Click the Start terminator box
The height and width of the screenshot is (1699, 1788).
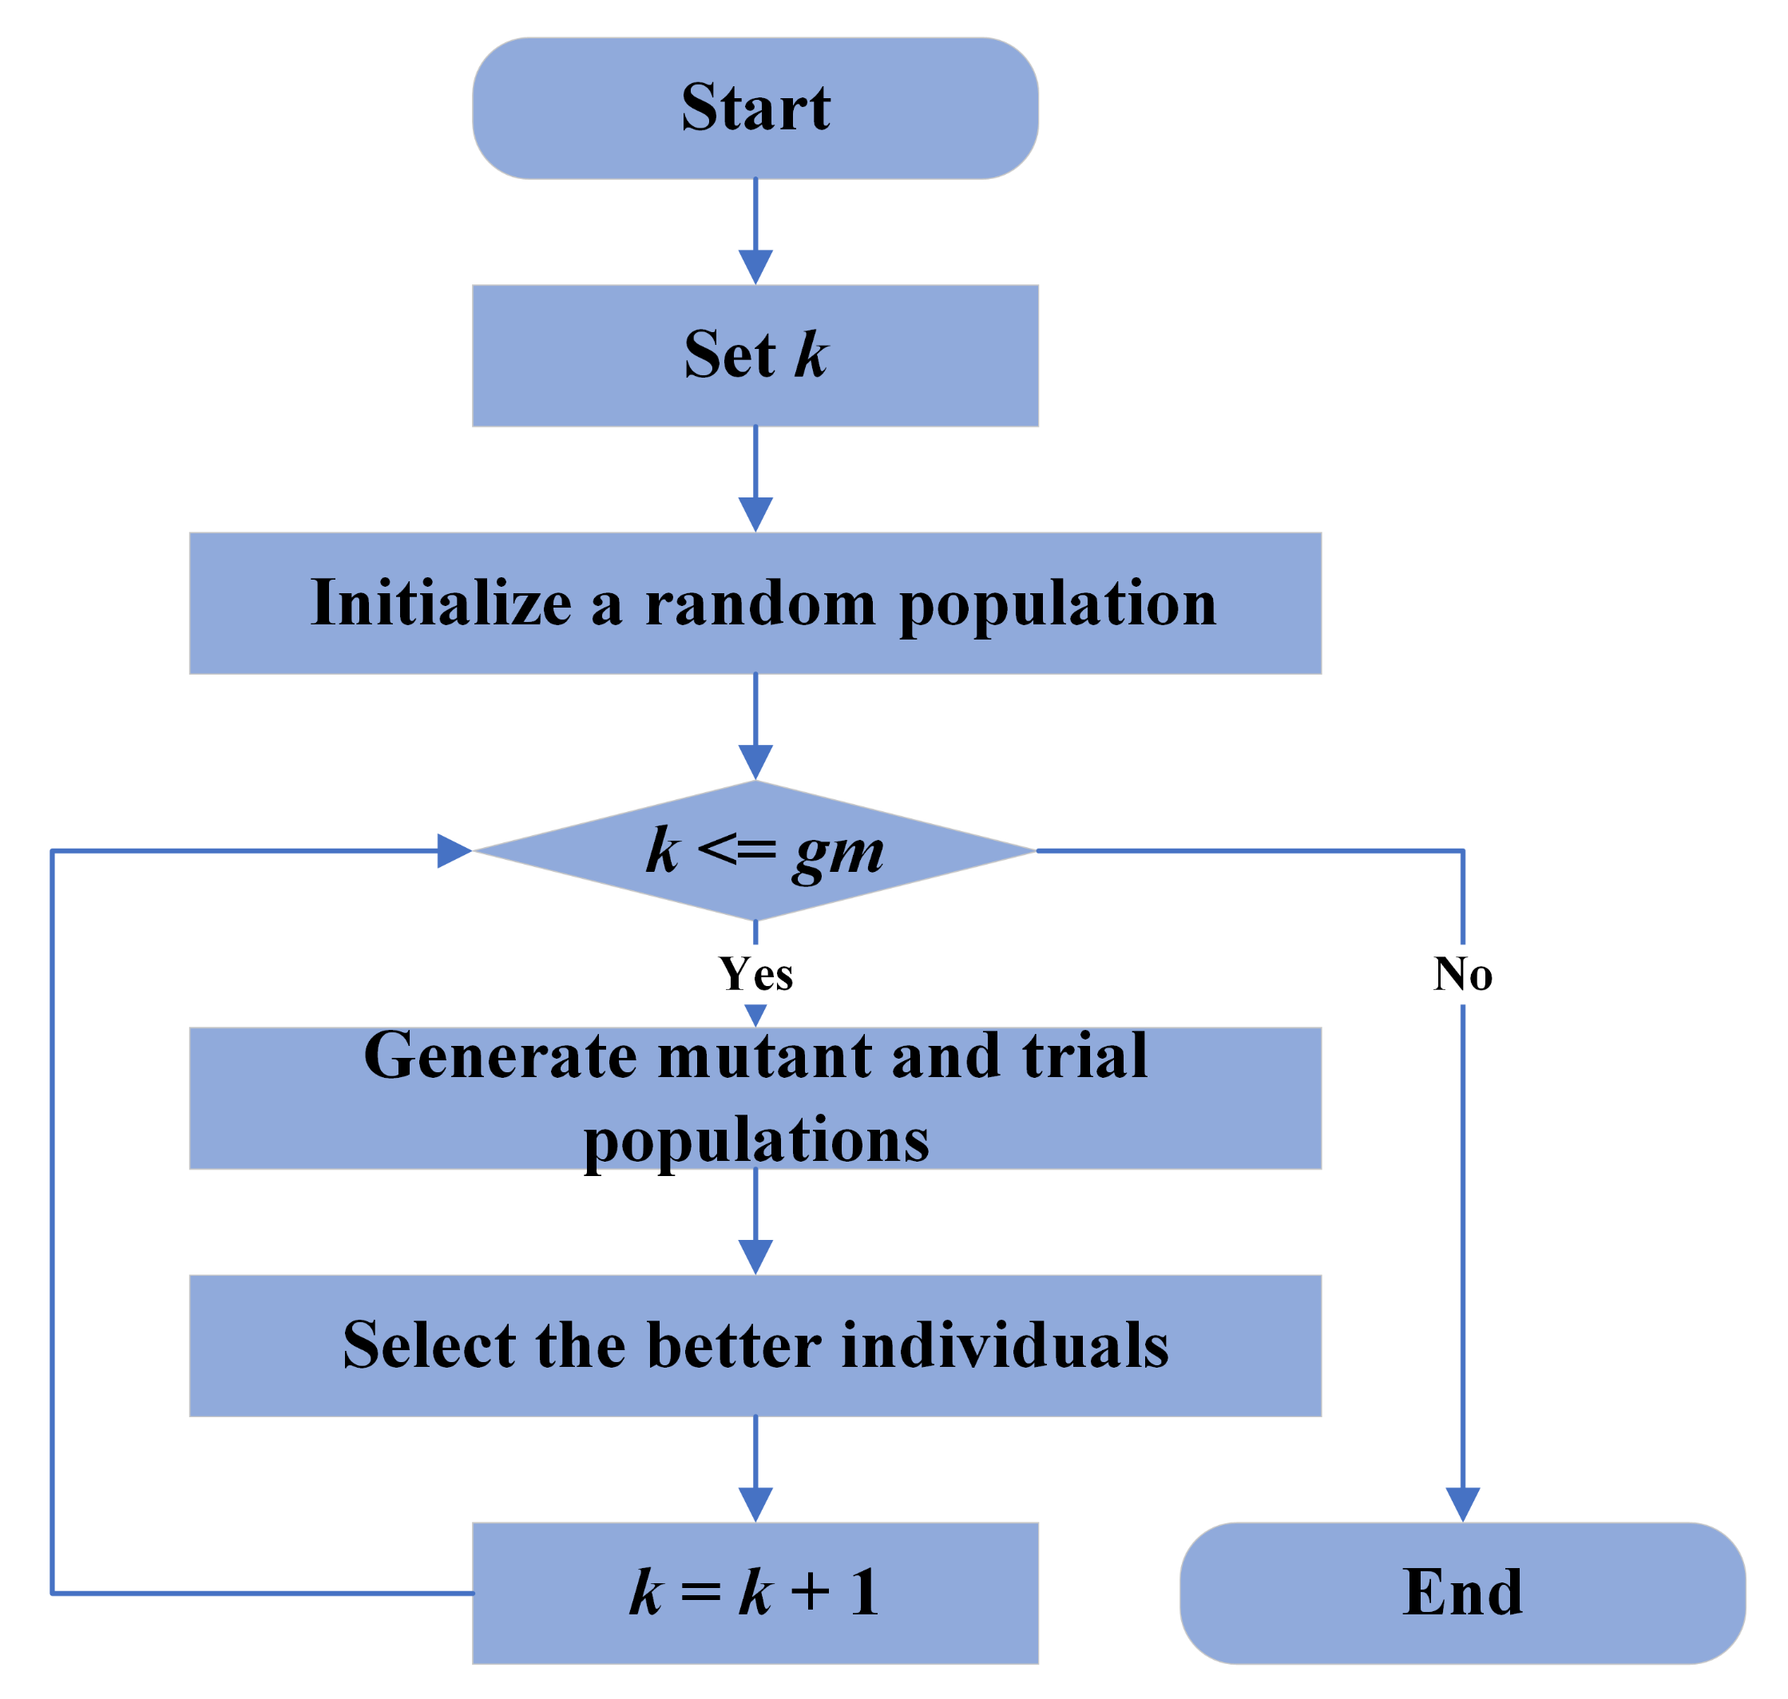click(755, 108)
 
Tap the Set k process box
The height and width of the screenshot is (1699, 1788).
click(755, 355)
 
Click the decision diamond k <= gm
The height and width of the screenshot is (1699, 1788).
click(755, 851)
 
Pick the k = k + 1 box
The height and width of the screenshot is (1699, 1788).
click(755, 1592)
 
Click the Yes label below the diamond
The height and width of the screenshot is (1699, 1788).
click(755, 975)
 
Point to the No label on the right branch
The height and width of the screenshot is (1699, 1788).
click(1462, 975)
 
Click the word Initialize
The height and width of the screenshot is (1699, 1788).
click(441, 603)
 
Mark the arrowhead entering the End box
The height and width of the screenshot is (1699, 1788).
click(1462, 1503)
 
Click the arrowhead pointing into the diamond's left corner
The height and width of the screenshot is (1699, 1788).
click(452, 850)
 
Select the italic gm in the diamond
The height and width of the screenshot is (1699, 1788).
click(838, 853)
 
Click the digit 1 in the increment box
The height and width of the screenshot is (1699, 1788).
click(863, 1592)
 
